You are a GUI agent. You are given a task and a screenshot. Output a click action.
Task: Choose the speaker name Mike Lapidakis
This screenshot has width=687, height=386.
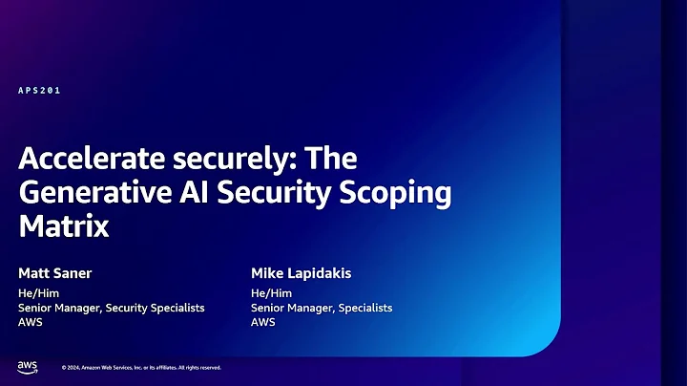pos(301,273)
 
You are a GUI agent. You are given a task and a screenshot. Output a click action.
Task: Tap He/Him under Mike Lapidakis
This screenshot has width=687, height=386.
pos(271,292)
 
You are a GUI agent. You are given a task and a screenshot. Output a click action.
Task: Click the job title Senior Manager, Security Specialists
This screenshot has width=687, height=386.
pos(112,308)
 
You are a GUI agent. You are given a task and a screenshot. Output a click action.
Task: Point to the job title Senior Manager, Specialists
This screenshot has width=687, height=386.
pos(322,308)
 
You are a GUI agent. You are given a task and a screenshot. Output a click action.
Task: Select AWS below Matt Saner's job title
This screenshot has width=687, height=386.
pos(31,322)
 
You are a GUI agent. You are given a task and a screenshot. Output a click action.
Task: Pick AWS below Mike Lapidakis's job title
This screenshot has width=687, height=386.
pos(263,322)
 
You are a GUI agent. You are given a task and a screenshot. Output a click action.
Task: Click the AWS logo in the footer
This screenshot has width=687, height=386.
pos(27,366)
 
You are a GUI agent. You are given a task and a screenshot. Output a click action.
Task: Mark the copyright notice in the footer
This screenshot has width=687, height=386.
pos(141,367)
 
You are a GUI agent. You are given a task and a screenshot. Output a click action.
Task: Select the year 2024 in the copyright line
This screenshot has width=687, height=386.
pos(74,367)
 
